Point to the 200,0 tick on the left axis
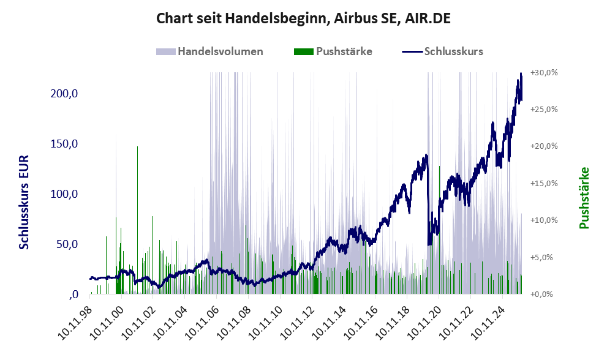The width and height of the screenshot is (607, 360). [x=64, y=94]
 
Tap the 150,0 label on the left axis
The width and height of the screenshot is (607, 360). [x=64, y=144]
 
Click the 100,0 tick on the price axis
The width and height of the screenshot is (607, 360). [x=64, y=194]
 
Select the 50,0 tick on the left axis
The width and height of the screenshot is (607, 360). [x=66, y=244]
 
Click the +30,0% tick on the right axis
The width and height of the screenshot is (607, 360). [x=544, y=72]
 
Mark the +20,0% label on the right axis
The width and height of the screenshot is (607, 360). [x=544, y=146]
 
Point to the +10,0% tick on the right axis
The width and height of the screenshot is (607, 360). [x=544, y=220]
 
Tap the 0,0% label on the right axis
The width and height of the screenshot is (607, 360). [x=544, y=294]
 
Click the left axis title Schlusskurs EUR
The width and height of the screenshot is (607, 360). [x=25, y=202]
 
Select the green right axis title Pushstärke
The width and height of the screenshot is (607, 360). [x=583, y=198]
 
